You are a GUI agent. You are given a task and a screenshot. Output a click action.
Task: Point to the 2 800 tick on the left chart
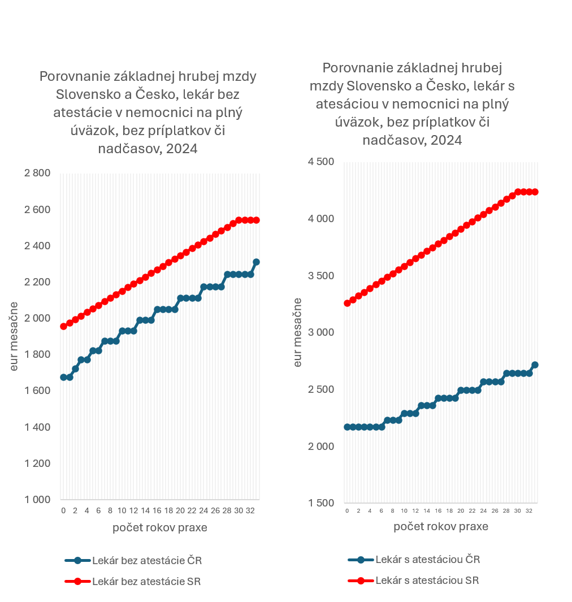[38, 173]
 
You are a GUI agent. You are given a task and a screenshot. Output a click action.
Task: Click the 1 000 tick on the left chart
[38, 500]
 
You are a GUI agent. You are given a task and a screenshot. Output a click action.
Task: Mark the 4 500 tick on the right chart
[321, 162]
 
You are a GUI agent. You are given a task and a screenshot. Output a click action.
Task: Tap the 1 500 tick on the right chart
[321, 504]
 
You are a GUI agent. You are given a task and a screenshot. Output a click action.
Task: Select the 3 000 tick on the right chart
[321, 333]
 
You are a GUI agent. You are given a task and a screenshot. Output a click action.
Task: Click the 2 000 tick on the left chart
[38, 318]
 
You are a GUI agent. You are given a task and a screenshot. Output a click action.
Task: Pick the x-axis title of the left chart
[159, 528]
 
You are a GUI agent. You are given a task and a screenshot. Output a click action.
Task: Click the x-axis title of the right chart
[441, 526]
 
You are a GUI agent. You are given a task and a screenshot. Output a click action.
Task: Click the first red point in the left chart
[64, 326]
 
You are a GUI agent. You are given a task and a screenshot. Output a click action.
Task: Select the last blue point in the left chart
[256, 262]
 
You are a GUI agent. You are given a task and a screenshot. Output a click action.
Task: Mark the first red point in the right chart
[347, 304]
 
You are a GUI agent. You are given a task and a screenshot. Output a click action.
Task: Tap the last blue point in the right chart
[535, 365]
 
